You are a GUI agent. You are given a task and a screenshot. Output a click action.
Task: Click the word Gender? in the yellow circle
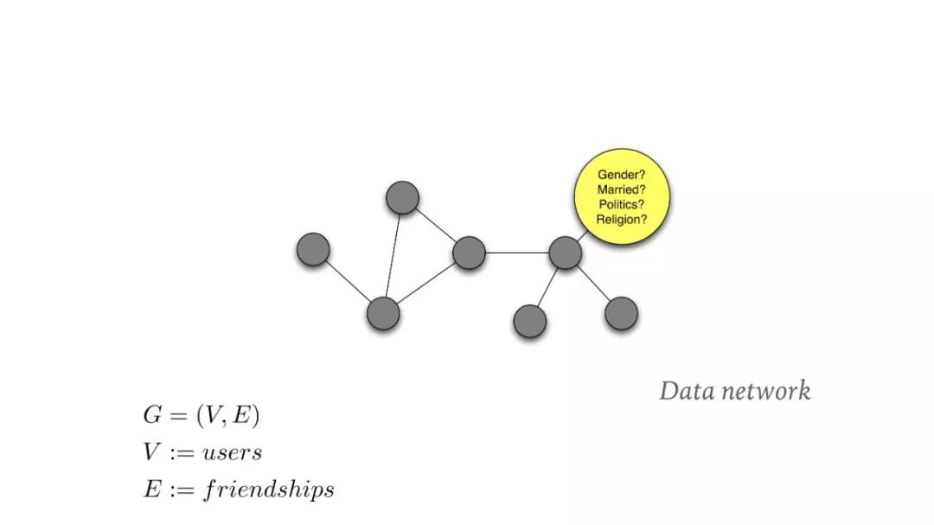pyautogui.click(x=623, y=175)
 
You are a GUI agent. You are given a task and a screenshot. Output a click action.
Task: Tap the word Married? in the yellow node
pyautogui.click(x=623, y=189)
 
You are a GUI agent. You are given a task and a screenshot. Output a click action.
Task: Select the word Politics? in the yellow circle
pyautogui.click(x=623, y=204)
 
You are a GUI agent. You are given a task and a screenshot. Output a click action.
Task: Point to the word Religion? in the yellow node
pyautogui.click(x=623, y=220)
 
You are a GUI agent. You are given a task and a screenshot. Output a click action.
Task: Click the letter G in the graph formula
pyautogui.click(x=152, y=415)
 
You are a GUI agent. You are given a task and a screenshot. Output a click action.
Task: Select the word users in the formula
pyautogui.click(x=233, y=452)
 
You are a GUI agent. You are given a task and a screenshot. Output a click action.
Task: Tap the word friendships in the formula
pyautogui.click(x=269, y=490)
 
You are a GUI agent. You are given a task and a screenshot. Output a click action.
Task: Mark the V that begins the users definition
pyautogui.click(x=151, y=452)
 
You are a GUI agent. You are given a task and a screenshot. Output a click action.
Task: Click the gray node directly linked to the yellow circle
pyautogui.click(x=565, y=253)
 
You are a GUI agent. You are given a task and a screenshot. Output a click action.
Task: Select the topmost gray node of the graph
pyautogui.click(x=402, y=198)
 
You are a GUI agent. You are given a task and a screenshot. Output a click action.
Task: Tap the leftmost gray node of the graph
pyautogui.click(x=313, y=249)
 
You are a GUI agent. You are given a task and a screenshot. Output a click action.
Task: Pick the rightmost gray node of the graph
pyautogui.click(x=621, y=313)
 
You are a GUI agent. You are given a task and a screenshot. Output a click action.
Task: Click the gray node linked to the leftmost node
pyautogui.click(x=383, y=313)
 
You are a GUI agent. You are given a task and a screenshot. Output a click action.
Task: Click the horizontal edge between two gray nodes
pyautogui.click(x=517, y=253)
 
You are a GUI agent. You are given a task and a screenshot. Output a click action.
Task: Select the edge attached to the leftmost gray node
pyautogui.click(x=348, y=281)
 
